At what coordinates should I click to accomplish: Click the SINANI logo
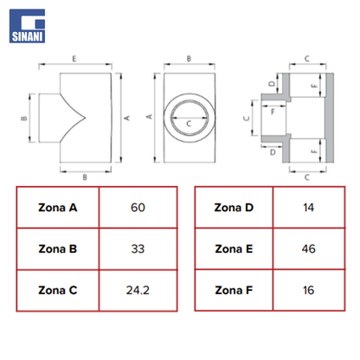coord(27,26)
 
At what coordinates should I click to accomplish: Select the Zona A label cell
coord(58,208)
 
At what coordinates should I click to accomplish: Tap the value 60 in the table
coord(138,208)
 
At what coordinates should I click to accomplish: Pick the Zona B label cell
coord(58,249)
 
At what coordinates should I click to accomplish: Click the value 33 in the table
coord(138,249)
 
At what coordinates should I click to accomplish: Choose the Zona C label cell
coord(58,290)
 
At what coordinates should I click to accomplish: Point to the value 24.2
coord(138,290)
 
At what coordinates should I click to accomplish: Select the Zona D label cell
coord(234,208)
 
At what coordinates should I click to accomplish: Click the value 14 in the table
coord(309,208)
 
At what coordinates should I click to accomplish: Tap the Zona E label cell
coord(234,249)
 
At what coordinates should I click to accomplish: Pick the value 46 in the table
coord(309,249)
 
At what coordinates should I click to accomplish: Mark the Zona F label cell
coord(234,290)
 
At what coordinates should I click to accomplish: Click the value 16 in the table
coord(309,290)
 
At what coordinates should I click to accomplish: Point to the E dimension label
coord(74,59)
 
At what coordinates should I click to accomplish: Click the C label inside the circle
coord(189,124)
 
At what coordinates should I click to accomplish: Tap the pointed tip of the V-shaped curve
coord(86,118)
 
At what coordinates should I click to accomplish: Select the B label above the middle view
coord(189,59)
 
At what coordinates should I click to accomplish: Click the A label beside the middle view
coord(149,117)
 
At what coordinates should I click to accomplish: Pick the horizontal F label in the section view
coord(273,112)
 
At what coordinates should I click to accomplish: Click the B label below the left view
coord(85,177)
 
